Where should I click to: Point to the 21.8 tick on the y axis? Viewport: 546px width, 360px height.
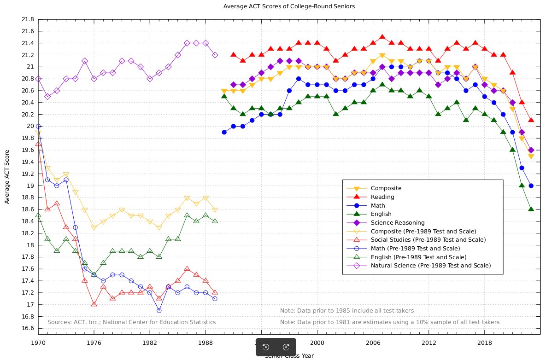(x=28, y=19)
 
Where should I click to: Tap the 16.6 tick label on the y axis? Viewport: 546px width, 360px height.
(x=28, y=328)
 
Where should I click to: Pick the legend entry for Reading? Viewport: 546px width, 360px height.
(x=382, y=197)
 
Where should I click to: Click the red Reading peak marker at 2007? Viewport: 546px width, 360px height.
(x=382, y=37)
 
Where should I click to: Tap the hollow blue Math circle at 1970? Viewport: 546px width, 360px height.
(x=38, y=126)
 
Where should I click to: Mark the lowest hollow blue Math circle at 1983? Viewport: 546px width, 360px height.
(x=159, y=310)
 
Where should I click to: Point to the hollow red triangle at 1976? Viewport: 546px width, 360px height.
(x=94, y=304)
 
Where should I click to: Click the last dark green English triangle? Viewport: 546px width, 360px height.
(x=531, y=209)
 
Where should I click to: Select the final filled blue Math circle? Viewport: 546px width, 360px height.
(x=531, y=186)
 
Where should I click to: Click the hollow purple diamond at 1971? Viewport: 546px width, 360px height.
(x=47, y=97)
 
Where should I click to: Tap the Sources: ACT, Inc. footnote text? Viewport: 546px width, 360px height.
(x=131, y=322)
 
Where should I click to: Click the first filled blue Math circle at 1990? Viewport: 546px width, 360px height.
(x=224, y=132)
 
